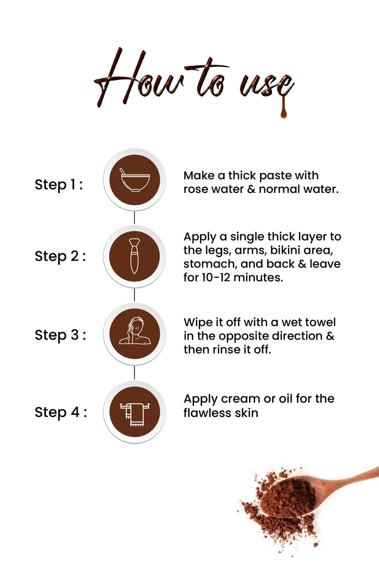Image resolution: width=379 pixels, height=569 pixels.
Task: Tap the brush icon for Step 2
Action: (134, 257)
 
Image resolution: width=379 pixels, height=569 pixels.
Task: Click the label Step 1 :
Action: (59, 184)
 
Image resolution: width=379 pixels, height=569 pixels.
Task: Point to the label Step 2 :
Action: (60, 256)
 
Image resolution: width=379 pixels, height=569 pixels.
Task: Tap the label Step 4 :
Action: (60, 412)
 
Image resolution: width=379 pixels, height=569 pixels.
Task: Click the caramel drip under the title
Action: (284, 108)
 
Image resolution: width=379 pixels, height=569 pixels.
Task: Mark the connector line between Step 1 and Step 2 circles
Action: (134, 217)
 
